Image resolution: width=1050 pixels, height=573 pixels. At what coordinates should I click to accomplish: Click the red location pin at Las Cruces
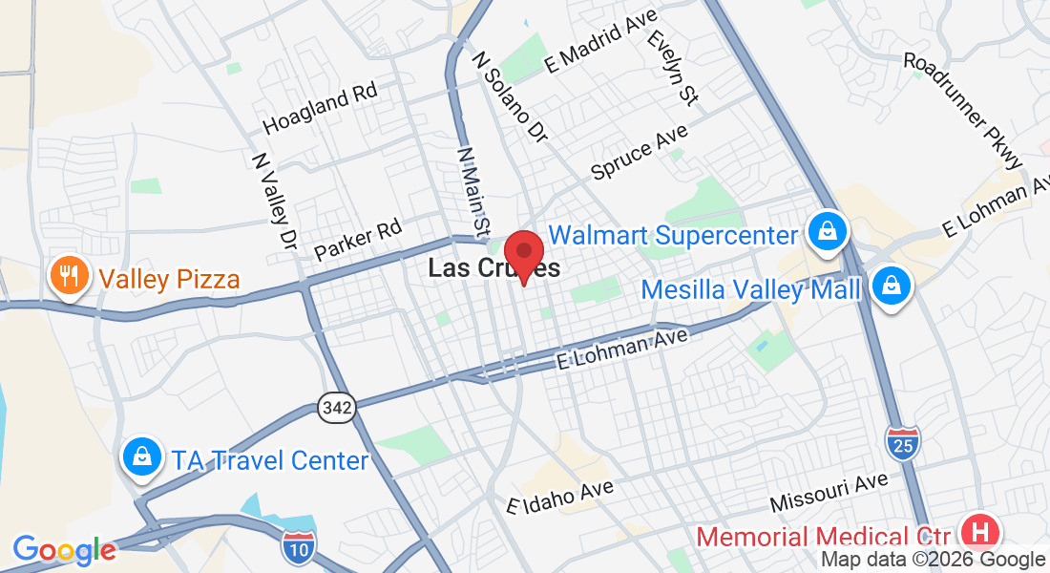[x=523, y=253]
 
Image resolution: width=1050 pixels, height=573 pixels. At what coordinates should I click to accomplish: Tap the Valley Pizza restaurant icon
[x=69, y=277]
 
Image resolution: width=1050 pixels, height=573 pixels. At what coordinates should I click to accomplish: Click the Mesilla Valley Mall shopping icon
[x=890, y=286]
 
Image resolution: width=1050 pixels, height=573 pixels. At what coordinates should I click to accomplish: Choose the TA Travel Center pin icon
[x=142, y=457]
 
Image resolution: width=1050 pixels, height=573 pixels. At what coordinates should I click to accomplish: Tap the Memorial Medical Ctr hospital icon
[x=980, y=532]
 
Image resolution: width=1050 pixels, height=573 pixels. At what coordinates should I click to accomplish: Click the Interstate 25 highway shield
[x=902, y=441]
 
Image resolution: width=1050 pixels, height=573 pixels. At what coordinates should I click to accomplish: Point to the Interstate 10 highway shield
[x=298, y=546]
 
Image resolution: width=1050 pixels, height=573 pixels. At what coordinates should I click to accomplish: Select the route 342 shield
[x=337, y=408]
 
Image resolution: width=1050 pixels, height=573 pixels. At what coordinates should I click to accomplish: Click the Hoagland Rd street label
[x=320, y=109]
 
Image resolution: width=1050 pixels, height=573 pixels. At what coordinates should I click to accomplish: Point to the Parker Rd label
[x=358, y=240]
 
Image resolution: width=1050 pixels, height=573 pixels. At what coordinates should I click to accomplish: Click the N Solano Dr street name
[x=510, y=95]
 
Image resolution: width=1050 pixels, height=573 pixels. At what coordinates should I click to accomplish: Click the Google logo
[x=64, y=550]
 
